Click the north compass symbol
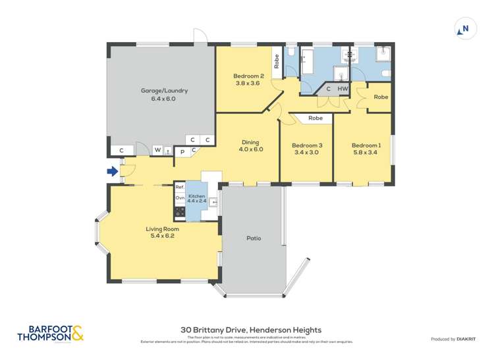(464, 28)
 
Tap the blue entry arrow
(113, 172)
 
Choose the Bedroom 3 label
(306, 149)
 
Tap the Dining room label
(250, 145)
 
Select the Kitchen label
(197, 199)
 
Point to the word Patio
(254, 238)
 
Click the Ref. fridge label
(179, 188)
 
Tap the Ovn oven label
(179, 198)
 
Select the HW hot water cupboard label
(342, 89)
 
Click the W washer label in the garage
(157, 150)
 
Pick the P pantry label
(182, 151)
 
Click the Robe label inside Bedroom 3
(316, 118)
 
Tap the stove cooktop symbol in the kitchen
(178, 212)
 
